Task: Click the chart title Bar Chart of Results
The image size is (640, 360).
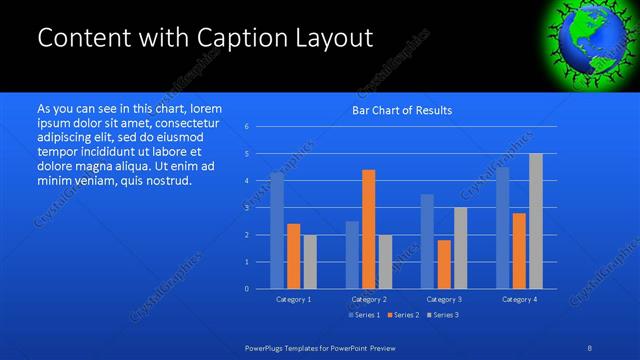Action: point(401,110)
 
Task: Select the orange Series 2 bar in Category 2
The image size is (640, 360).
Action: point(368,229)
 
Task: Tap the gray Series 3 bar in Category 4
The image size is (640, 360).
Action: point(535,221)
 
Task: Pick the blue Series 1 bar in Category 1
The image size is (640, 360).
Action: point(277,230)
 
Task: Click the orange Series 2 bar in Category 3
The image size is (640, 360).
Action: point(444,264)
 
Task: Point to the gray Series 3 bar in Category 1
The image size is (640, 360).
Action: point(310,262)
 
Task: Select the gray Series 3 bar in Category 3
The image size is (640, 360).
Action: point(460,248)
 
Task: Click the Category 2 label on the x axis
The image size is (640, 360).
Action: point(369,299)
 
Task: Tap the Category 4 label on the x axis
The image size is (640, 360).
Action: point(519,299)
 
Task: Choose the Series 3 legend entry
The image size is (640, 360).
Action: point(441,315)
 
